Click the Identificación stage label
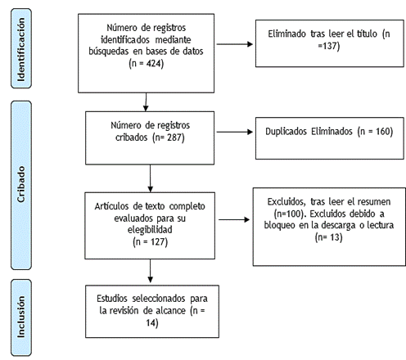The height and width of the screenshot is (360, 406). click(21, 49)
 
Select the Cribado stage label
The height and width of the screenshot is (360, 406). click(21, 184)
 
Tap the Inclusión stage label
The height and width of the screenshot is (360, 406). click(21, 317)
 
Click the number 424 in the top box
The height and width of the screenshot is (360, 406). click(154, 64)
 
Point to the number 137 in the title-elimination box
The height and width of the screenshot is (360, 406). click(329, 46)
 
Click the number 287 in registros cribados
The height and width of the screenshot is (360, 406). click(174, 137)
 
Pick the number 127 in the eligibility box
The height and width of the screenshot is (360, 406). click(158, 242)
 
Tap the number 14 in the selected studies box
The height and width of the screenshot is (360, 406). click(151, 323)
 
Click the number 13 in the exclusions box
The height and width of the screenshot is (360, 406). click(335, 237)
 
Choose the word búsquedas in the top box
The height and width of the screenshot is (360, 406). click(109, 52)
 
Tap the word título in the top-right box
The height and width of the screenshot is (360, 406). click(367, 34)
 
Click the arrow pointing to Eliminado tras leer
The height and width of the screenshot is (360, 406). click(235, 44)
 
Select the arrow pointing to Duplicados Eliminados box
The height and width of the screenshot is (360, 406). click(235, 132)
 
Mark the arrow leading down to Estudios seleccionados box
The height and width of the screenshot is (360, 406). click(150, 271)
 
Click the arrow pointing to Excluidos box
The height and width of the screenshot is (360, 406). click(234, 219)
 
